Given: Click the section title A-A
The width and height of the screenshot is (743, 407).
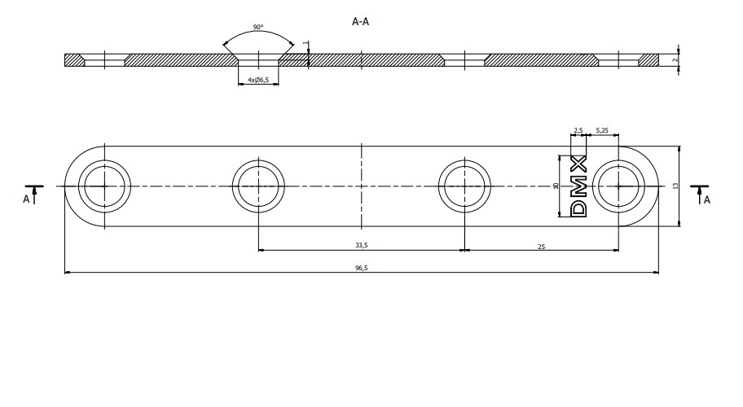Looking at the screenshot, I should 360,23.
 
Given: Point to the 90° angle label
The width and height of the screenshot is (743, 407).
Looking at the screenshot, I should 257,28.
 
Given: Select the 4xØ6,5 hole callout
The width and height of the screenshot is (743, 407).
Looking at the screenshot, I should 258,81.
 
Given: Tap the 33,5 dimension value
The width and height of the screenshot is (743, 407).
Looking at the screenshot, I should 360,243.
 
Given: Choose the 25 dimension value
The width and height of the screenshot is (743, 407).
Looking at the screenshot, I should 542,243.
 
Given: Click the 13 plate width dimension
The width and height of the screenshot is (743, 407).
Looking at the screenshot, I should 675,186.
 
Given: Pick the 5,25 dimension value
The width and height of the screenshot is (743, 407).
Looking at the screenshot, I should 602,130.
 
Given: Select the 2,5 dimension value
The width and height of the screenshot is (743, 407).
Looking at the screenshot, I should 578,130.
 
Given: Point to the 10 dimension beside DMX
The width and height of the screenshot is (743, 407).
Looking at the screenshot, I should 556,186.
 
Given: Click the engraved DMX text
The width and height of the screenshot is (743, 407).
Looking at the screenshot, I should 578,186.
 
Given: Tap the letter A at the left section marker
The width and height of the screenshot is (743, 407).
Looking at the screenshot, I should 27,198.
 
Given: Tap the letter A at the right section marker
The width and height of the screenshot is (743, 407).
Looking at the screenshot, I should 706,198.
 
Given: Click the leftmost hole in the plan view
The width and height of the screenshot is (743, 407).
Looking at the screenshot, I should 104,186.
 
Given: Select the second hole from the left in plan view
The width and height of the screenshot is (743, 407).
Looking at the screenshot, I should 258,186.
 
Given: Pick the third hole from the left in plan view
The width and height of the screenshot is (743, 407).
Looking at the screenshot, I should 464,186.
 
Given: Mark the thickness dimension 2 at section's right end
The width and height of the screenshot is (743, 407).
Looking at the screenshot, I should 676,59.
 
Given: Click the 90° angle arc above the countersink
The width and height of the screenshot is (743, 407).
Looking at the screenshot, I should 258,37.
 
